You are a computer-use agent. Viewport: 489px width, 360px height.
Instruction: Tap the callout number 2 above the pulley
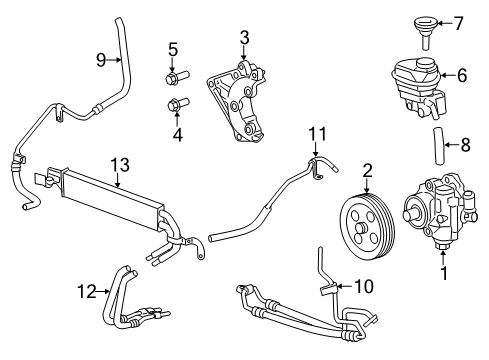[x=368, y=170]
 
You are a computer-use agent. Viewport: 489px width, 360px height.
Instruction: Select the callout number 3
[x=244, y=38]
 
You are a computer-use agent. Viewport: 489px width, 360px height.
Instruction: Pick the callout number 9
[x=100, y=59]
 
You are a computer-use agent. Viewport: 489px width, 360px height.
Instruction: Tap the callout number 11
[x=317, y=132]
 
